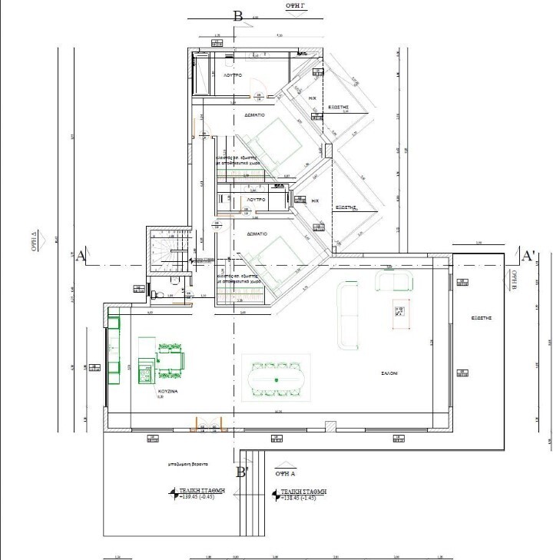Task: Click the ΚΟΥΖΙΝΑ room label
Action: point(167,391)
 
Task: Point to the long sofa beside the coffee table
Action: point(348,315)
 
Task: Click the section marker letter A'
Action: point(528,255)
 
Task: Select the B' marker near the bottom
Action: point(243,472)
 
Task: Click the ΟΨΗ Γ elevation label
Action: point(296,5)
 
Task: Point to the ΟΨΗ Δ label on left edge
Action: point(35,240)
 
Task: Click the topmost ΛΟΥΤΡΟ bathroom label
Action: point(233,76)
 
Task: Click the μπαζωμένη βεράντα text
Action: point(189,465)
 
